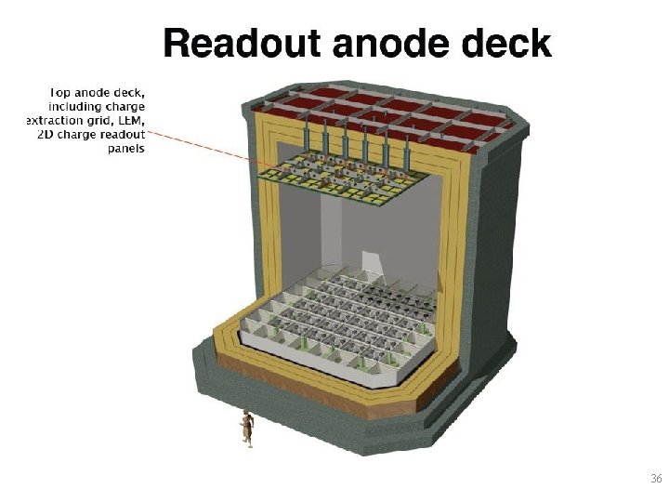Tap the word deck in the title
pos(508,44)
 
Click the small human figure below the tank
pos(246,427)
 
